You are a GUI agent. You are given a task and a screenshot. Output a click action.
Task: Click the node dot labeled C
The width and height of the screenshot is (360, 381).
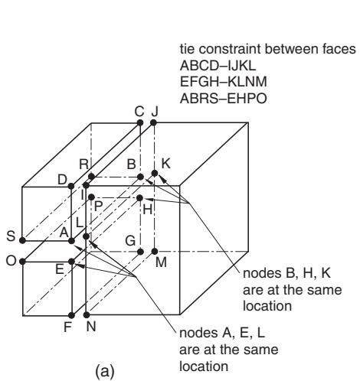point(140,122)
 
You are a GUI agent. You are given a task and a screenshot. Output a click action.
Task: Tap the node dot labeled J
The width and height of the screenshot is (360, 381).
point(153,122)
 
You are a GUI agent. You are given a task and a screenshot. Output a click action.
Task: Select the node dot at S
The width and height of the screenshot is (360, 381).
point(22,240)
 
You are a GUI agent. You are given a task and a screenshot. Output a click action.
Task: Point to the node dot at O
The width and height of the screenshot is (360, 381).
point(22,262)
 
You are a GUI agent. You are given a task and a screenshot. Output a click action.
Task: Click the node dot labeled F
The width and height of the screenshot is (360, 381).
point(72,315)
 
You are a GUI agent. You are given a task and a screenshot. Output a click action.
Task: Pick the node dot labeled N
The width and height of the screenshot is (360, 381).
point(87,315)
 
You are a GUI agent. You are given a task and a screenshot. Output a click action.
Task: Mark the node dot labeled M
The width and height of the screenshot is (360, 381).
point(155,252)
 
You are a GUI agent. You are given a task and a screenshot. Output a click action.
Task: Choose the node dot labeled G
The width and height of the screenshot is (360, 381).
point(140,252)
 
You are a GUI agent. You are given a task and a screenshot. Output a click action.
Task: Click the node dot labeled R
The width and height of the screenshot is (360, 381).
point(91,177)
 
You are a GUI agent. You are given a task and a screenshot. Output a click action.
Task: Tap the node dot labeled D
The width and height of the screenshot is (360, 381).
point(71,186)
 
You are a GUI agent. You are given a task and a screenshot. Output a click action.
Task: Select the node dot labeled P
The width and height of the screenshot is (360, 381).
point(91,197)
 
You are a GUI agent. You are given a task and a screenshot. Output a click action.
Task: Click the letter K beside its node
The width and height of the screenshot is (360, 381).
point(166,164)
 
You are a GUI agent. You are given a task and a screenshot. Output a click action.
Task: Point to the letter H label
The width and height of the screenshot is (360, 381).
point(148,210)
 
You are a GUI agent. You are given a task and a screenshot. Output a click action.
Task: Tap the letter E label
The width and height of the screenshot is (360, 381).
point(60,269)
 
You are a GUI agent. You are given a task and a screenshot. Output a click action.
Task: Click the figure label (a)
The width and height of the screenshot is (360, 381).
point(105,372)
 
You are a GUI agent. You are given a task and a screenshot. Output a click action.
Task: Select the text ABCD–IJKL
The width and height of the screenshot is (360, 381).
point(218,66)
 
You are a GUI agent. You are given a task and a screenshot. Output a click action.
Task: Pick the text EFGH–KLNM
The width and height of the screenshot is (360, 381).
point(224,82)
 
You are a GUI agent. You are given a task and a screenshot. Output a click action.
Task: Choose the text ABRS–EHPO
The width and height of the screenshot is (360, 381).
point(224,98)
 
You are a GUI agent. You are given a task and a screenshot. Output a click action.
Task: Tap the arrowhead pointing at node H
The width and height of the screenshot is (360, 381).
point(148,200)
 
